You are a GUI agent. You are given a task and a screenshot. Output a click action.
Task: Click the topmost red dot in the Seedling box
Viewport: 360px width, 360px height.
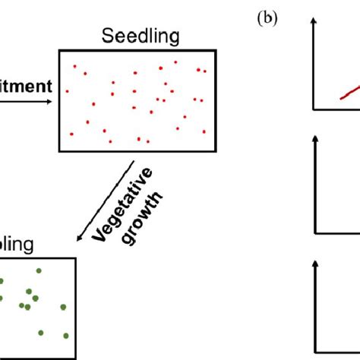point(175,62)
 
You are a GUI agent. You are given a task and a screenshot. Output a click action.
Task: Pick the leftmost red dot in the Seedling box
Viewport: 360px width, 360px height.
point(67,91)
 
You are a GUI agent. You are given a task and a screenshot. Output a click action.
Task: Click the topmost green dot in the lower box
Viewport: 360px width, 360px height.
point(39,270)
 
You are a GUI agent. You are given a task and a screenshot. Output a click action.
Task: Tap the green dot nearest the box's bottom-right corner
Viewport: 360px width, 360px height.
point(66,335)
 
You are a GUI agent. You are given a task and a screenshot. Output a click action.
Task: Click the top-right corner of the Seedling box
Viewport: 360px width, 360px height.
point(216,50)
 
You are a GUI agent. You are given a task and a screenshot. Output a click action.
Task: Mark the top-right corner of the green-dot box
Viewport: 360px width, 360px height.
point(75,258)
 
